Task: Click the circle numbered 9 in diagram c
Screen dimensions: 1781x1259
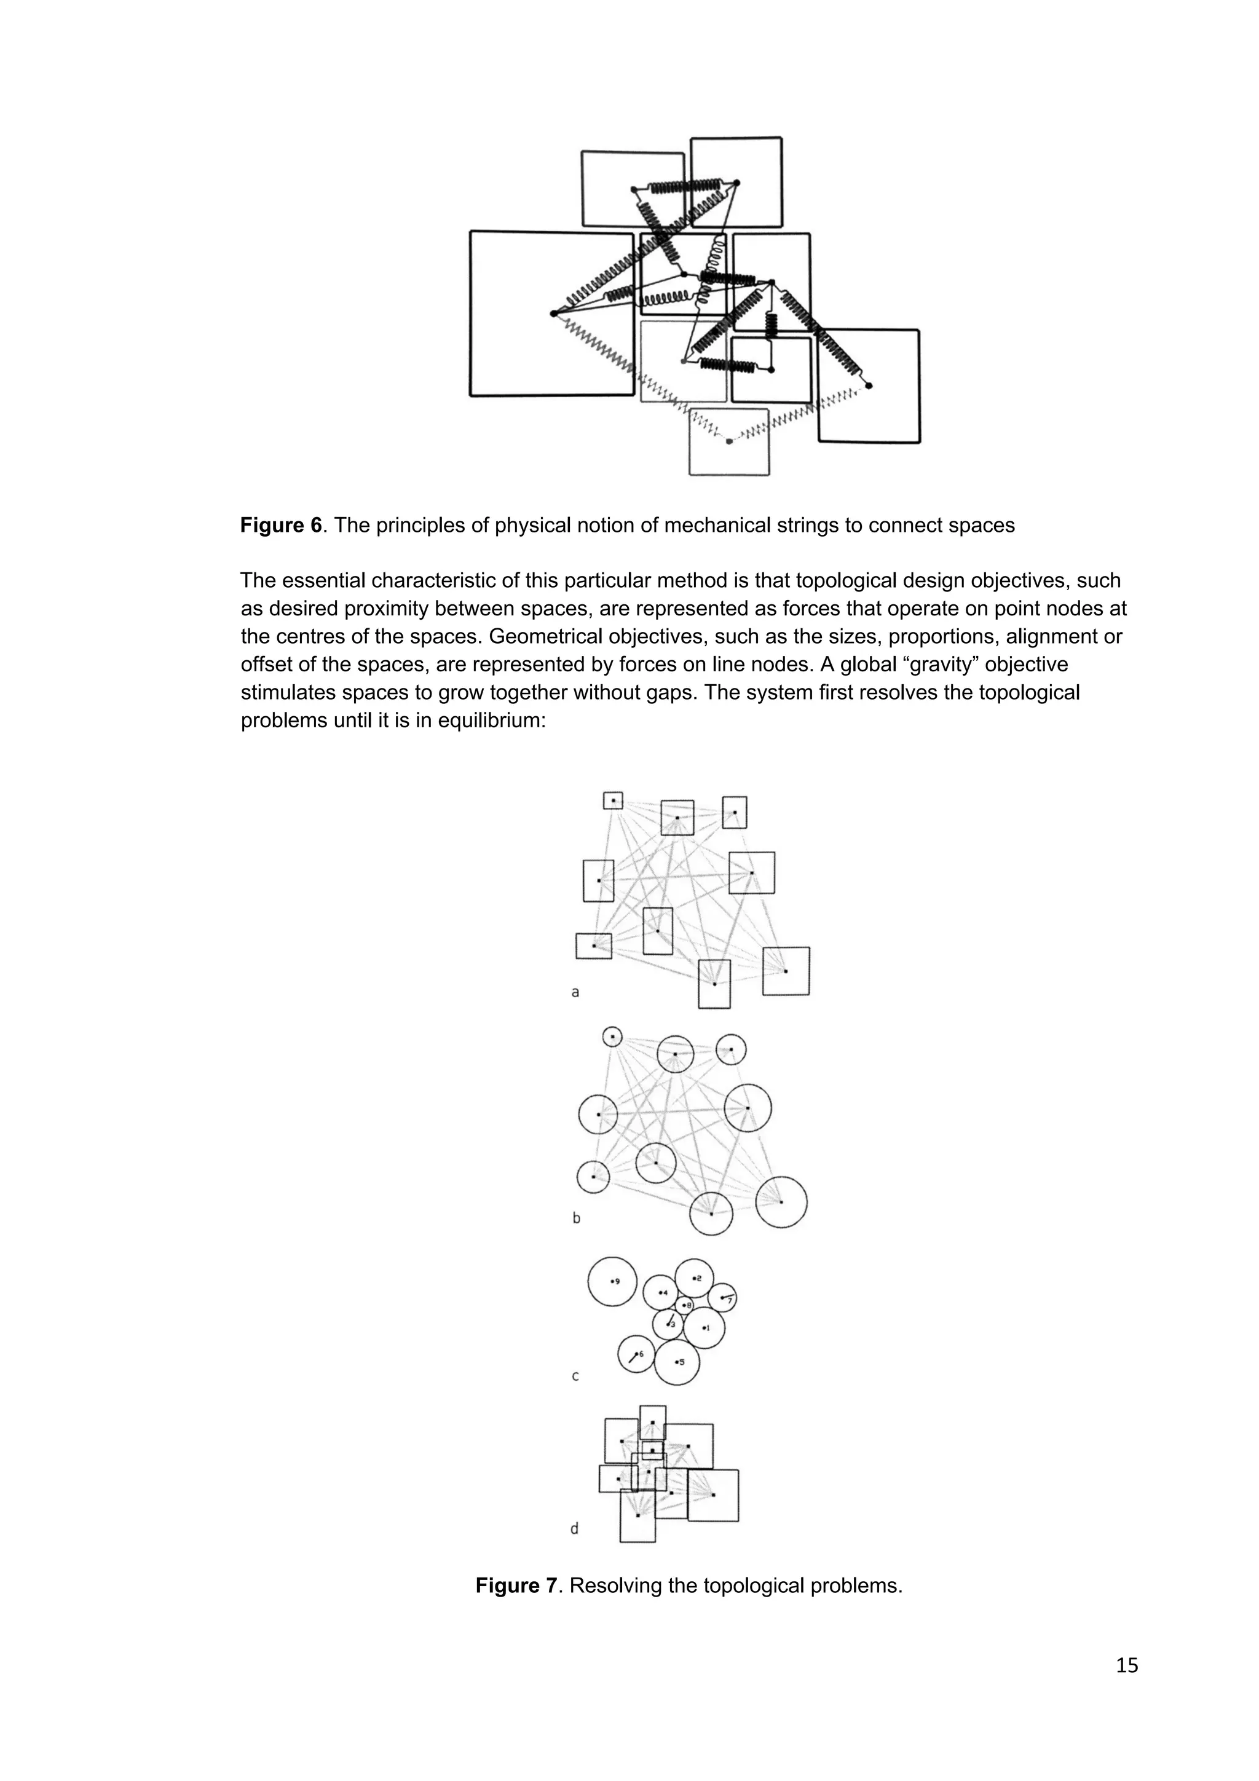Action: pos(612,1281)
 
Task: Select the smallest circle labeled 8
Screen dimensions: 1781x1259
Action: pos(684,1307)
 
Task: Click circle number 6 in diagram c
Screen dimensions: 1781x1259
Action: pos(636,1354)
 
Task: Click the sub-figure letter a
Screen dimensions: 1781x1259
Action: pos(575,992)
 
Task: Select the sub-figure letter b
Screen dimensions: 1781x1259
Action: pos(575,1218)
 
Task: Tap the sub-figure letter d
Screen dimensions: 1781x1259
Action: pos(575,1529)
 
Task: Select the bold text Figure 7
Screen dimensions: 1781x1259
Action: pos(516,1586)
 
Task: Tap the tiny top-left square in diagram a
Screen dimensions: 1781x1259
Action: pos(613,800)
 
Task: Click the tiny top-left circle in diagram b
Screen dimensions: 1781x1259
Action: pos(612,1037)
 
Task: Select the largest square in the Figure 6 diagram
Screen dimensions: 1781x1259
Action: pos(551,314)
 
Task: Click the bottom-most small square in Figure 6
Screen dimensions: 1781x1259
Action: pos(729,442)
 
